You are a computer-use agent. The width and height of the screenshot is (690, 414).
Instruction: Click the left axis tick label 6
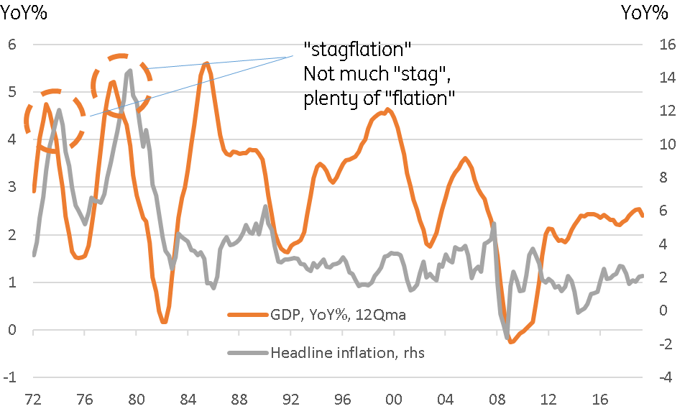tap(11, 45)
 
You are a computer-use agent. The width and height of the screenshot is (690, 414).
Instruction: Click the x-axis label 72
tap(33, 399)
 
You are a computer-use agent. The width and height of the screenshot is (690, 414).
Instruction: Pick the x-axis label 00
tap(393, 399)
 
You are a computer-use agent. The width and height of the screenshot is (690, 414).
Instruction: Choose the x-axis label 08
tap(497, 399)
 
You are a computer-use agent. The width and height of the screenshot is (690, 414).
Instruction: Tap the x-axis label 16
tap(600, 399)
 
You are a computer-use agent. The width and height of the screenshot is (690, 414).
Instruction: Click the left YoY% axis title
tap(24, 13)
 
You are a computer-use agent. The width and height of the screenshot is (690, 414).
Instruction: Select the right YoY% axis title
tap(644, 13)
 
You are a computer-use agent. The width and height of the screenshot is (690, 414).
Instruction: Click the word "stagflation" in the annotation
tap(357, 50)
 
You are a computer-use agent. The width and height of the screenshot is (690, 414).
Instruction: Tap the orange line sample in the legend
tap(247, 315)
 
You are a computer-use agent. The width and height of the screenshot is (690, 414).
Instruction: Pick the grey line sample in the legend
tap(247, 352)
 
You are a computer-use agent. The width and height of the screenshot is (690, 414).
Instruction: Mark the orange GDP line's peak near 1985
tap(206, 64)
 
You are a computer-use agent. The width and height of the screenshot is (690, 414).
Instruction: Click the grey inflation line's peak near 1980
tap(129, 70)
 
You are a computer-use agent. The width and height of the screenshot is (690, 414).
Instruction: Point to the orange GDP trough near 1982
tap(165, 321)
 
